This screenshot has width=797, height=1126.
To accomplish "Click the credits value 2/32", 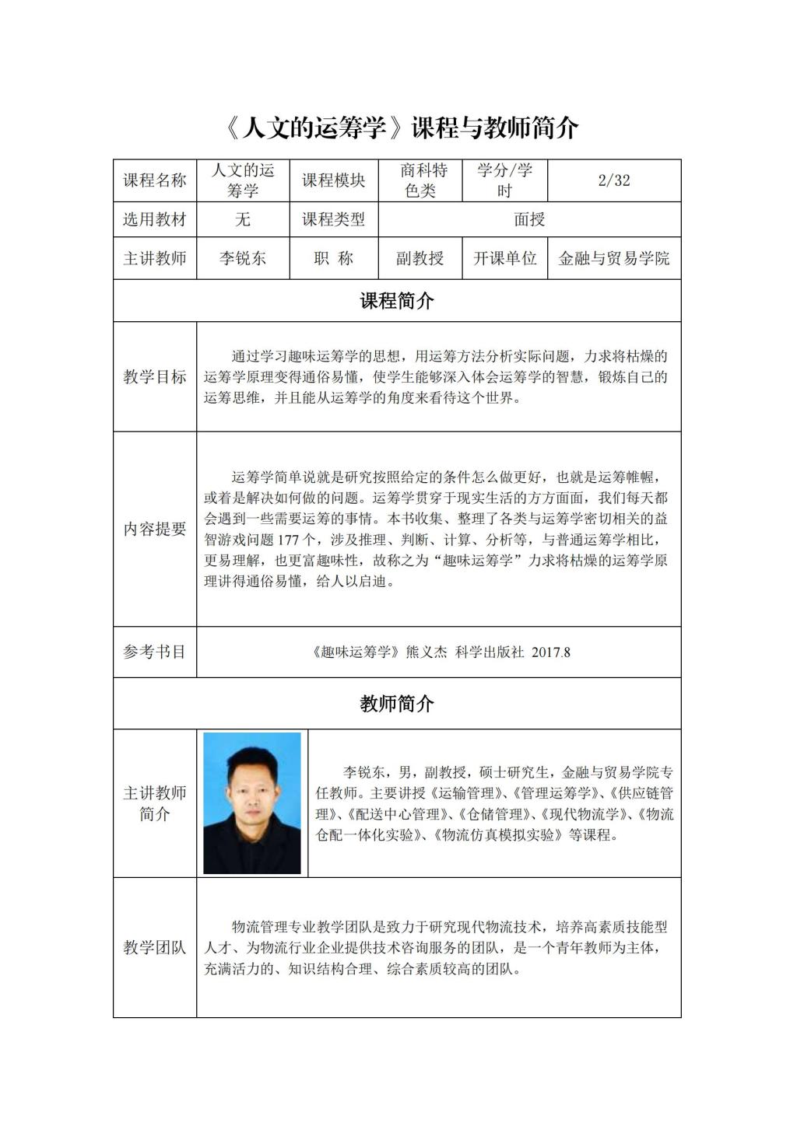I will pyautogui.click(x=613, y=180).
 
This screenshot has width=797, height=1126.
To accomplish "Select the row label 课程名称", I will pyautogui.click(x=155, y=180).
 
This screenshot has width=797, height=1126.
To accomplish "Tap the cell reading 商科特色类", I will pyautogui.click(x=423, y=180).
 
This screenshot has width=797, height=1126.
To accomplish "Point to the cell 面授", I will pyautogui.click(x=529, y=219).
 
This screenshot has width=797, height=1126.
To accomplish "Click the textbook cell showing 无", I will pyautogui.click(x=243, y=219).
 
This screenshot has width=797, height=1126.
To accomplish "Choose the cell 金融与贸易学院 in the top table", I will pyautogui.click(x=613, y=258).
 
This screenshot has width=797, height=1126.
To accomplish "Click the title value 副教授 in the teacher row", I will pyautogui.click(x=420, y=258).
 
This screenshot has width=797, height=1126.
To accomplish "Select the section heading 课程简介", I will pyautogui.click(x=397, y=301).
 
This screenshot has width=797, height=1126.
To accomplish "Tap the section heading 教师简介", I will pyautogui.click(x=397, y=704).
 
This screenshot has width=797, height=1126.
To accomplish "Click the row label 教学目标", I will pyautogui.click(x=155, y=377).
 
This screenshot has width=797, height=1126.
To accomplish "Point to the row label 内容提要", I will pyautogui.click(x=155, y=529).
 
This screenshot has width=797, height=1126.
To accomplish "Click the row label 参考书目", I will pyautogui.click(x=155, y=652).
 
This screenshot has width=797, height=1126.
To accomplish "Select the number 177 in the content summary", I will pyautogui.click(x=298, y=540).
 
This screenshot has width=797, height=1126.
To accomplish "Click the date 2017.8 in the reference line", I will pyautogui.click(x=551, y=652).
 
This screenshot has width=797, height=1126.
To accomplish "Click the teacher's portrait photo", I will pyautogui.click(x=251, y=803).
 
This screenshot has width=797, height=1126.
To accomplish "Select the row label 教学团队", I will pyautogui.click(x=155, y=947).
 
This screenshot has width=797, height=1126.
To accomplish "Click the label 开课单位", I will pyautogui.click(x=505, y=258).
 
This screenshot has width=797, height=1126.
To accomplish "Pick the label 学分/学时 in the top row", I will pyautogui.click(x=505, y=180).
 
